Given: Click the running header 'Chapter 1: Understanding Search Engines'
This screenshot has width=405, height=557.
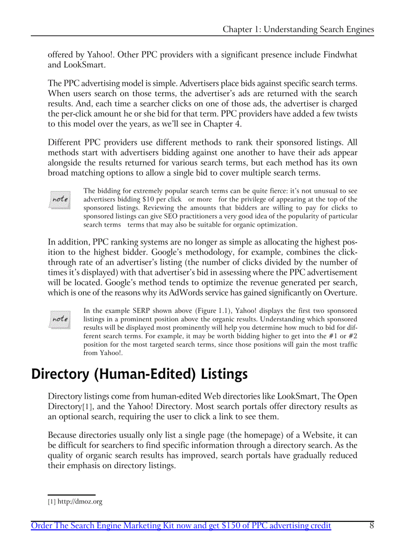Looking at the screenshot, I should click(x=298, y=29).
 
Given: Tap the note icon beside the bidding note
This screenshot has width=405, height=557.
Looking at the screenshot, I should click(x=60, y=200).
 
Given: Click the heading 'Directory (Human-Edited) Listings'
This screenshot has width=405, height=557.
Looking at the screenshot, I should click(x=139, y=374).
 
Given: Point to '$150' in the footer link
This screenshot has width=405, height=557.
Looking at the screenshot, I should click(x=235, y=526).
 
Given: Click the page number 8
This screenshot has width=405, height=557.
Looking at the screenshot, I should click(x=371, y=526).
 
